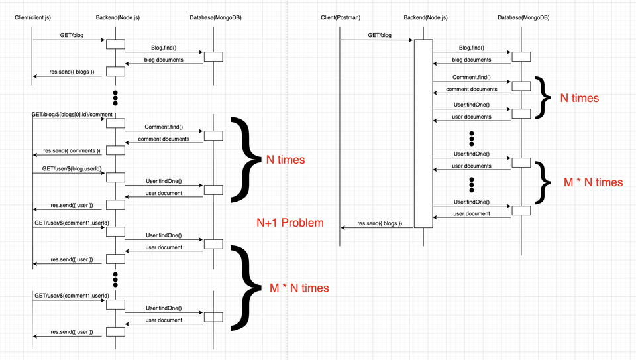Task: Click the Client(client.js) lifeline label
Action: coord(33,17)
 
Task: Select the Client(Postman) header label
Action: coord(341,17)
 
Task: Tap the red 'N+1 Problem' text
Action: coord(290,223)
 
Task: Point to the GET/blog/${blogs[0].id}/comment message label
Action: coord(72,115)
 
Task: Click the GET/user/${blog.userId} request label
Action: coord(72,169)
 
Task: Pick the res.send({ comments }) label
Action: coord(72,150)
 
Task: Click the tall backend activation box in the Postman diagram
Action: coord(423,133)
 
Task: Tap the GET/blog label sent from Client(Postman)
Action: coord(380,35)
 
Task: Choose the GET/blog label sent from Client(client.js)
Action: coord(72,35)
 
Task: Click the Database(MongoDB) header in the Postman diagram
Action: coord(523,17)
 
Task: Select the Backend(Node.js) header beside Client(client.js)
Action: coord(118,17)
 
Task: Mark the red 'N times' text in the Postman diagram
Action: coord(579,98)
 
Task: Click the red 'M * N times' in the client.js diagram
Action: coord(299,288)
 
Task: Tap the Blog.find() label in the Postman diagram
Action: coord(471,48)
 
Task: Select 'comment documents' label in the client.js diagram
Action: coord(164,139)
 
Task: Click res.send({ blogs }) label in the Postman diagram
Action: coord(380,223)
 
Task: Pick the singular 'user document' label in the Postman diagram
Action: coord(471,214)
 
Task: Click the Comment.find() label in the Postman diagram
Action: coord(471,77)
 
